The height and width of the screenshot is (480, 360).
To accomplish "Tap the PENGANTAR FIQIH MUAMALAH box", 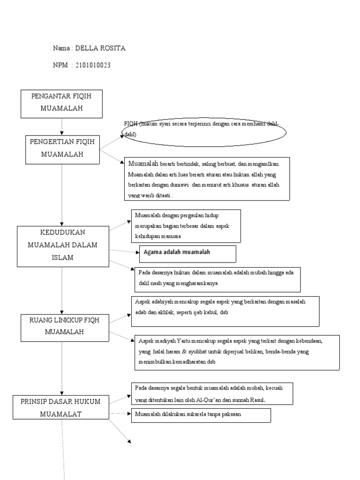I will (61, 104).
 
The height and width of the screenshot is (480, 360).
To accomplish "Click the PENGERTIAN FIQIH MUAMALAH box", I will (62, 149).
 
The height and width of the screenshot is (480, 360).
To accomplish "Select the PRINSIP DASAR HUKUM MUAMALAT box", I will (60, 407).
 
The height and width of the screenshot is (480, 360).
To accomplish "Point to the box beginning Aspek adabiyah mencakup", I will (225, 310).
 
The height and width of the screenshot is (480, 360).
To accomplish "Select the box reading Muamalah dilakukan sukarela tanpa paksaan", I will (201, 414).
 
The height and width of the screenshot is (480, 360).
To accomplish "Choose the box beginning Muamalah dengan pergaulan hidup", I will (186, 226).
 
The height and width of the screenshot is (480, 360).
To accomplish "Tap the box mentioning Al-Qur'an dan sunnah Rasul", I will (212, 393).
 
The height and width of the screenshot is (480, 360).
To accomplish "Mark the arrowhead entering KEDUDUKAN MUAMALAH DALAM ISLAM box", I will (62, 223).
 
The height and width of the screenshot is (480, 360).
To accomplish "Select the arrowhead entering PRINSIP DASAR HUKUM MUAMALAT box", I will (62, 392).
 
